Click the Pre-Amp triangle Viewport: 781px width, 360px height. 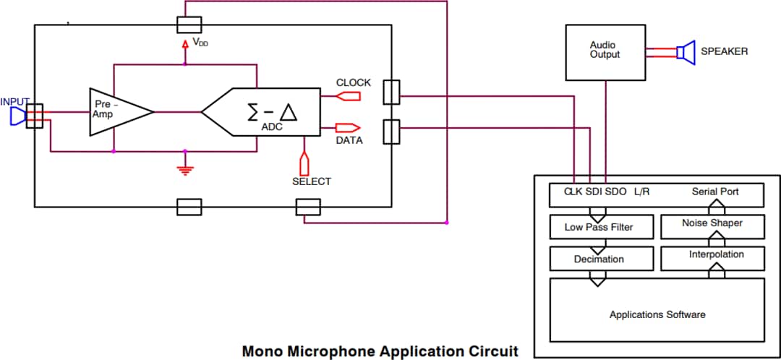coord(116,111)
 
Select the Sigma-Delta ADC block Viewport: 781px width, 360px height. coord(268,112)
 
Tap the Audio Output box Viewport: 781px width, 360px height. coord(605,52)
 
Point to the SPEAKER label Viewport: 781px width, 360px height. coord(724,51)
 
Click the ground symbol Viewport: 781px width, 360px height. coord(185,170)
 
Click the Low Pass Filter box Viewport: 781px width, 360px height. coord(598,227)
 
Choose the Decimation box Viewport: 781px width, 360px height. coord(598,259)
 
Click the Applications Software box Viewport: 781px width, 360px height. coord(657,314)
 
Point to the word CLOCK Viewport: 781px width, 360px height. coord(353,82)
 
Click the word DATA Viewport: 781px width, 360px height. coord(349,140)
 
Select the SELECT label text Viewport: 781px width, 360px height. coord(311,181)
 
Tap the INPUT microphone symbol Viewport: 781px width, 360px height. coord(17,116)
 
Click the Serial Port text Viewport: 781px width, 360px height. coord(714,192)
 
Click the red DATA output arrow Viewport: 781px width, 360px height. coord(348,128)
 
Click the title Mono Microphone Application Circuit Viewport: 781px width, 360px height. coord(380,351)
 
